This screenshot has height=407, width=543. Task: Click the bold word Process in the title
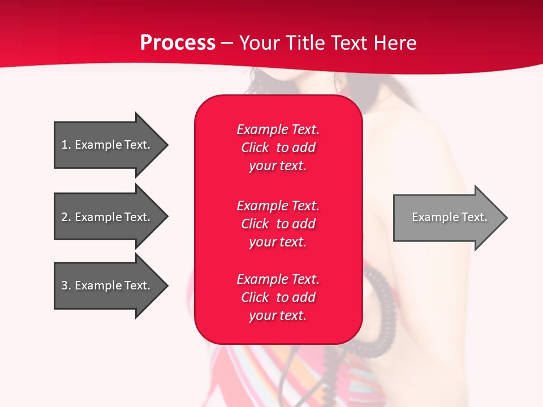click(x=178, y=43)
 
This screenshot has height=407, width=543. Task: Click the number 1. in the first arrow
click(x=66, y=145)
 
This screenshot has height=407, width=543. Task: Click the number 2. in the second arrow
click(x=66, y=217)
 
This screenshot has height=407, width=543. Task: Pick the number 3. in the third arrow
click(x=66, y=285)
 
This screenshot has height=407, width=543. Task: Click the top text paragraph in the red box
click(x=278, y=148)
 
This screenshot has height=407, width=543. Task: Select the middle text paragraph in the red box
click(x=278, y=224)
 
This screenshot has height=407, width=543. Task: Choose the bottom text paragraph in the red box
click(x=278, y=297)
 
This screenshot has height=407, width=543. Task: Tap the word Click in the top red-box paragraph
click(x=255, y=148)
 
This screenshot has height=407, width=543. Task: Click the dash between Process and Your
click(x=227, y=43)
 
